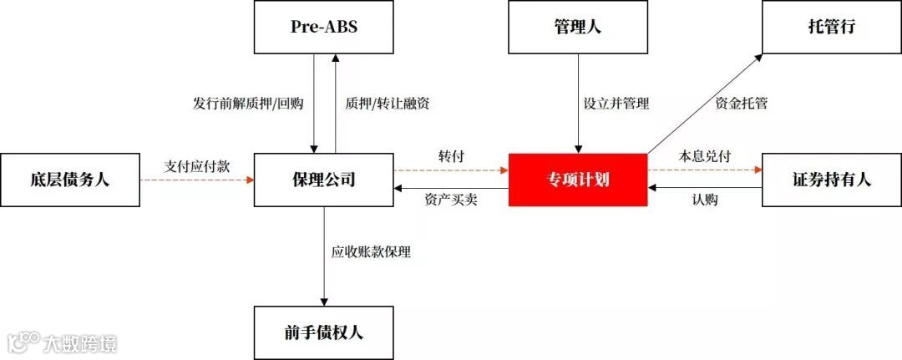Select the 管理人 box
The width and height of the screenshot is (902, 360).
(x=577, y=27)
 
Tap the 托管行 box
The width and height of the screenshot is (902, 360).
(x=832, y=27)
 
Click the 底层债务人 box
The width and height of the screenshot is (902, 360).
(x=68, y=180)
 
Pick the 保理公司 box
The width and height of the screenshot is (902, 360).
(x=323, y=180)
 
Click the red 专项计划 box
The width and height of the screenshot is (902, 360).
(x=577, y=180)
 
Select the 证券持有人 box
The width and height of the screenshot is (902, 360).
(x=832, y=180)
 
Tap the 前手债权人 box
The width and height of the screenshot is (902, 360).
(x=323, y=332)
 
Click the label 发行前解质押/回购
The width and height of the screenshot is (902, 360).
(x=247, y=104)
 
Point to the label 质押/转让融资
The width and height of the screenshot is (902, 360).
(x=388, y=104)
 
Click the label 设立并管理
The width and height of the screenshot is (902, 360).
(x=616, y=104)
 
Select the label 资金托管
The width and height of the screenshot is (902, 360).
(x=742, y=104)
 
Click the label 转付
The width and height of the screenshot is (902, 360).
(x=451, y=157)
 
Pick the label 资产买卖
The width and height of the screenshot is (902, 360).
(x=451, y=200)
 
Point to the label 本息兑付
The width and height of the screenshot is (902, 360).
(x=705, y=157)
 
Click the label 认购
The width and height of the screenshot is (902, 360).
(x=705, y=200)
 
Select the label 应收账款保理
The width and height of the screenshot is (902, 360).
(x=371, y=251)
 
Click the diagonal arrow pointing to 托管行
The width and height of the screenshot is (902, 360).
(x=704, y=104)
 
